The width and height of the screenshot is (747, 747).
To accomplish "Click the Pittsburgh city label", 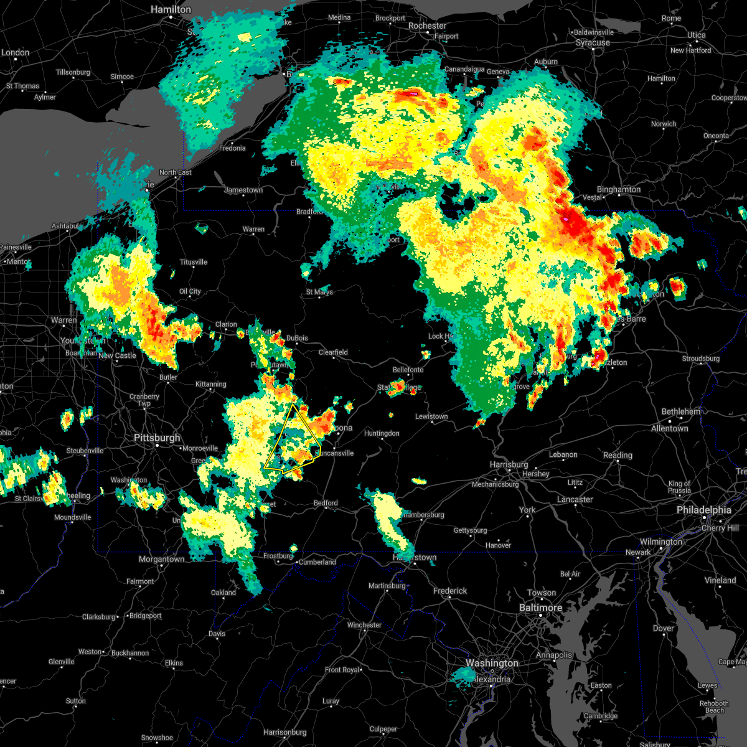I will point(157,438).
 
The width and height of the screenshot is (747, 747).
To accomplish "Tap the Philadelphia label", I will point(703,510).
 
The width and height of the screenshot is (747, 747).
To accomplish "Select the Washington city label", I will point(492,663).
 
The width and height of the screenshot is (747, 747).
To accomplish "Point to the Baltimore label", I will point(540,608).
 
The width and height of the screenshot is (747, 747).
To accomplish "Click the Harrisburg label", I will point(509,465).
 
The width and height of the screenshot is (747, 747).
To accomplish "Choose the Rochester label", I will point(427,26).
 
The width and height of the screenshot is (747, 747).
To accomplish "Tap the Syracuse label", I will point(593,43).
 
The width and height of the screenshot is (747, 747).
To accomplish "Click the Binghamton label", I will point(618,189).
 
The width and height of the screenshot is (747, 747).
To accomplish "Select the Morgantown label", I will point(161,559).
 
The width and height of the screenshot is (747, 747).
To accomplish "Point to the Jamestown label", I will point(243,190).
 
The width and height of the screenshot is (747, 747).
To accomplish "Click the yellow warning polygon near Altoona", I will point(293,439).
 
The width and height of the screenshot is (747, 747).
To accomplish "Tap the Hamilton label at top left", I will point(171,10).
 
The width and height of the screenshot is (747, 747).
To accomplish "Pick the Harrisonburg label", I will point(284,732).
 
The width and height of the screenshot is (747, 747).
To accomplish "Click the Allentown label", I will point(669,428).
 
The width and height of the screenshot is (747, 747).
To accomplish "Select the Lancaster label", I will point(575,499).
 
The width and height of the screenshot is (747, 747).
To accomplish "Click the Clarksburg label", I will point(99,617).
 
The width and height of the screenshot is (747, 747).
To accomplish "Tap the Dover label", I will point(664,628).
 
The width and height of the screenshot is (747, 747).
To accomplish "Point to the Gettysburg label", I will point(470,530).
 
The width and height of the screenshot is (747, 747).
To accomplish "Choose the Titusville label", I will point(193,262).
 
